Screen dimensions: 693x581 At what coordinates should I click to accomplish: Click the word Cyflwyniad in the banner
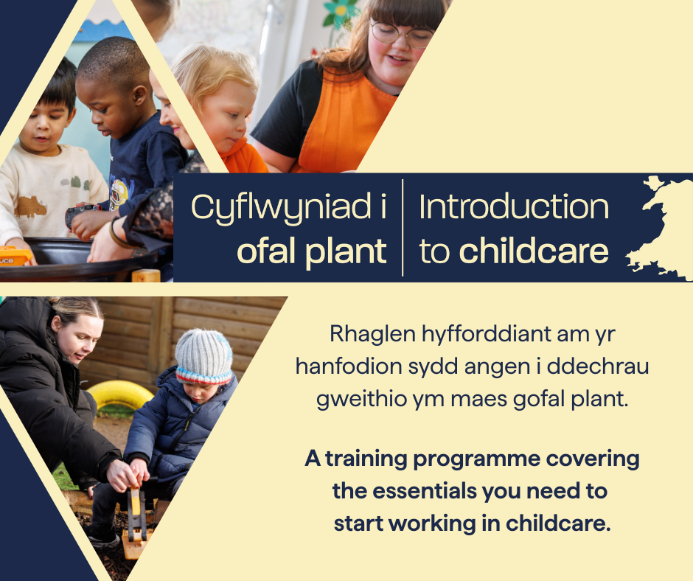pyautogui.click(x=281, y=207)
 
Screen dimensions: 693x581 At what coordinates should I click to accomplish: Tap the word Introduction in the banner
pyautogui.click(x=514, y=207)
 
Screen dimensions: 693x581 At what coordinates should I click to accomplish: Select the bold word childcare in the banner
pyautogui.click(x=534, y=251)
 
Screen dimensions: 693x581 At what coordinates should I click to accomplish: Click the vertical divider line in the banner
pyautogui.click(x=403, y=228)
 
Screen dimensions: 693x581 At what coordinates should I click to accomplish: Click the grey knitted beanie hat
pyautogui.click(x=203, y=356)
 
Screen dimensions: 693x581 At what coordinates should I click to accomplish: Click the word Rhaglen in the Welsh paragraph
pyautogui.click(x=372, y=335)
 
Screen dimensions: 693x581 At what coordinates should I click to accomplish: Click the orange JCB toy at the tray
pyautogui.click(x=15, y=256)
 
